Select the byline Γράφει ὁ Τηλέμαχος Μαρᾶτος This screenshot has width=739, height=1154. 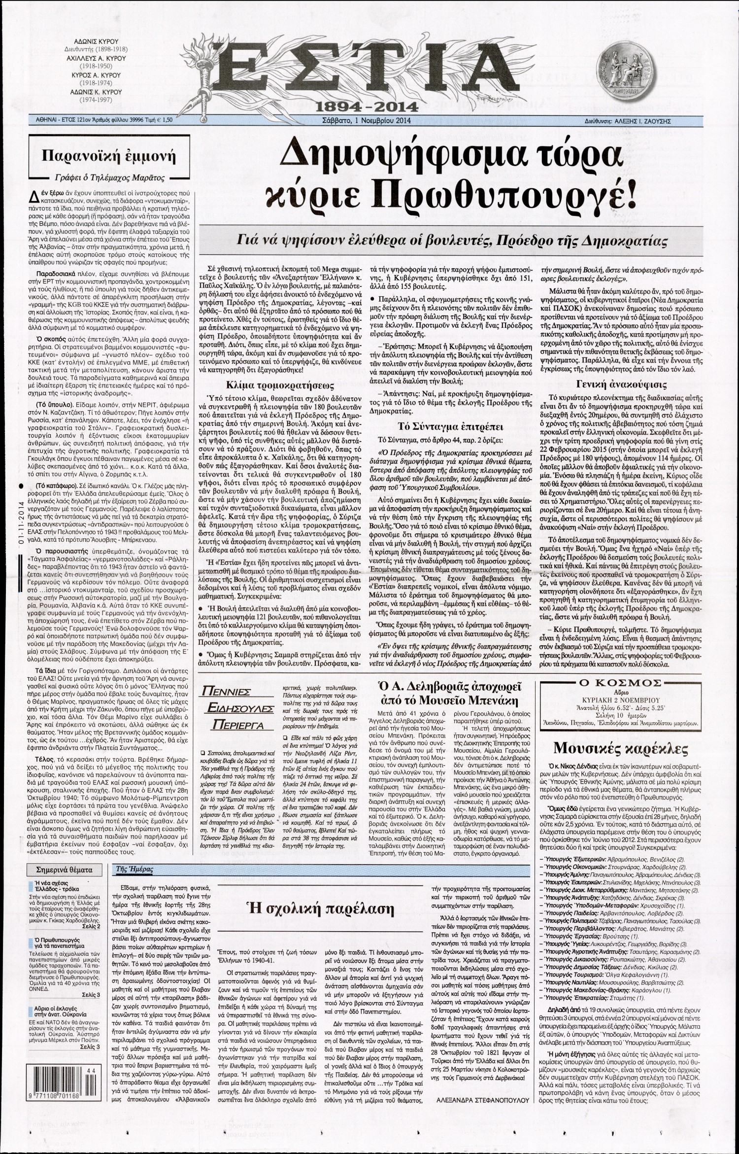point(108,178)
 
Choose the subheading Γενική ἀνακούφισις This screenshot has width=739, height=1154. point(622,385)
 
